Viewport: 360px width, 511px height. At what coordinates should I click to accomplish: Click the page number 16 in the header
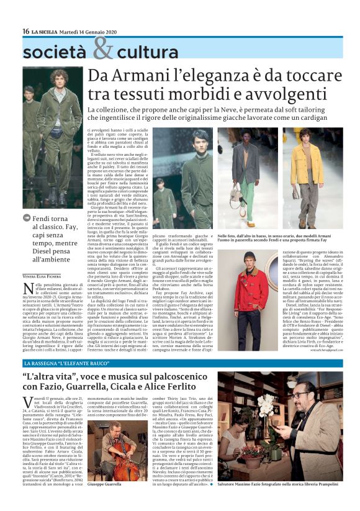(x=25, y=31)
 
